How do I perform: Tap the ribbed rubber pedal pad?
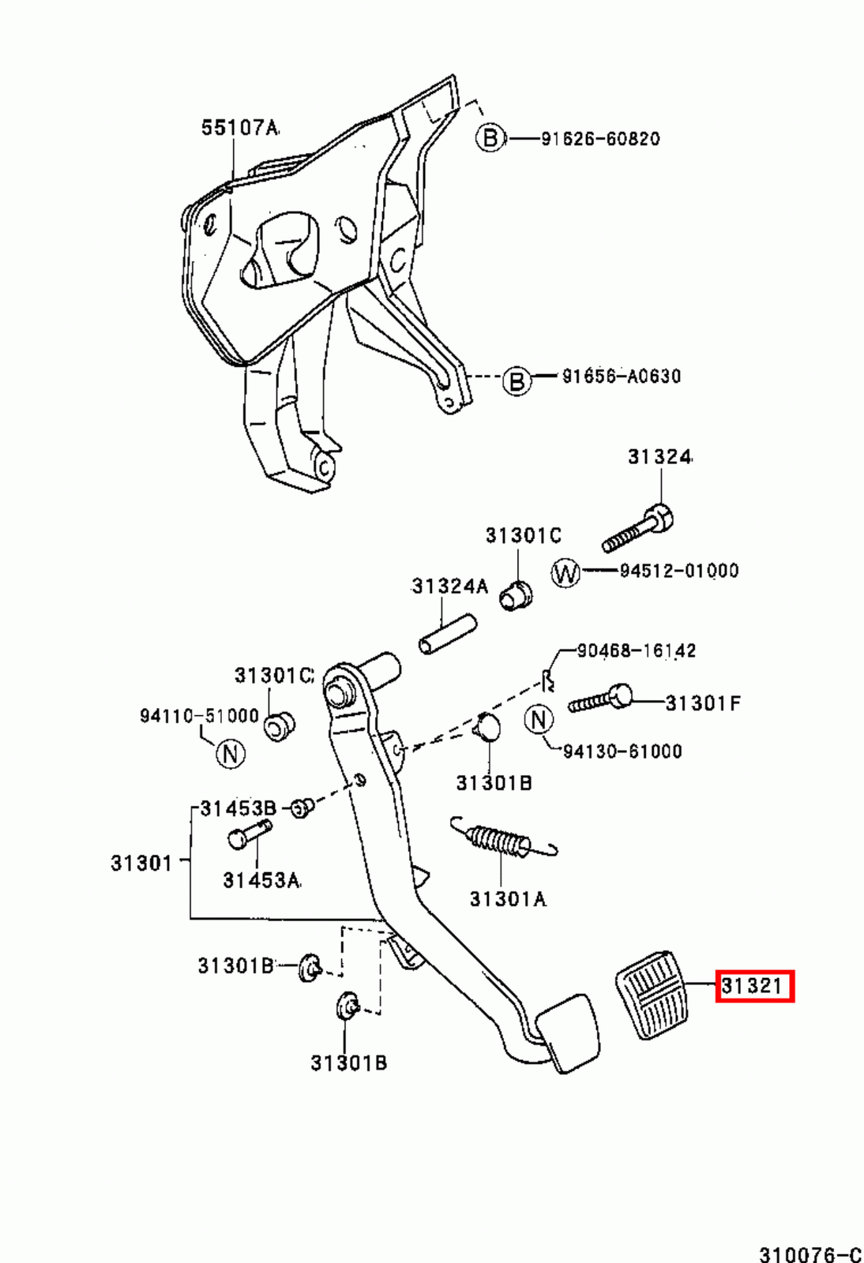click(x=652, y=995)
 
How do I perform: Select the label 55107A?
click(x=240, y=128)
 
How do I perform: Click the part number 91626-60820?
click(x=601, y=139)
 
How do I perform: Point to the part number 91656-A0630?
click(x=622, y=376)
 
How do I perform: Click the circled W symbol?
click(x=565, y=573)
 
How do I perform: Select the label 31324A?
click(x=449, y=587)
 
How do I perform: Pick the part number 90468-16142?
click(x=637, y=650)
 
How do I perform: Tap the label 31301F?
click(x=703, y=703)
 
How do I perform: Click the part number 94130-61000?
click(x=622, y=751)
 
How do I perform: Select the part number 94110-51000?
click(x=199, y=716)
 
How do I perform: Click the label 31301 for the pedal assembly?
click(x=141, y=863)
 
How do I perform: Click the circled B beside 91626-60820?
click(x=490, y=137)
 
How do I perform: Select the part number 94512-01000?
click(x=679, y=571)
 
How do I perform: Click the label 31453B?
click(x=239, y=808)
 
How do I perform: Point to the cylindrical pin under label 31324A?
click(x=448, y=635)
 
